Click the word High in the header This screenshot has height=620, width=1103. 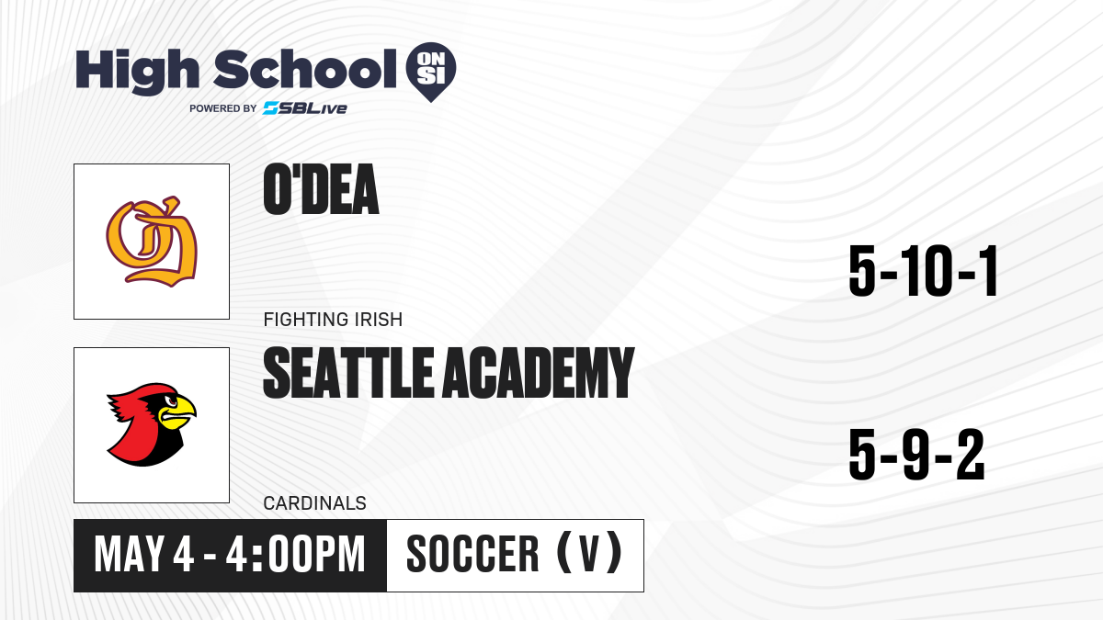point(137,72)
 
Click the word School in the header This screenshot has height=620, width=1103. point(305,69)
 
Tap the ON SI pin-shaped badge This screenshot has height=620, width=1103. point(431,72)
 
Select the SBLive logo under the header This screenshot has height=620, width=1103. point(305,108)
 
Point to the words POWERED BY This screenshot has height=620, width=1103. point(223,108)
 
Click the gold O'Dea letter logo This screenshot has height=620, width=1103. point(152,242)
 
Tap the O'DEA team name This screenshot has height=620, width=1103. point(321,189)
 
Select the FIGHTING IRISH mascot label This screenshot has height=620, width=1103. point(333,320)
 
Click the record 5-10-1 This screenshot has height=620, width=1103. point(923,271)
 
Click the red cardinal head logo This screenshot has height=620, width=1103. point(151,424)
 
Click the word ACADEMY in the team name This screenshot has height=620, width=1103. point(539,373)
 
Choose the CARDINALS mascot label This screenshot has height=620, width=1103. point(314,503)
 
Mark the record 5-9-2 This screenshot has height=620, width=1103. point(916,455)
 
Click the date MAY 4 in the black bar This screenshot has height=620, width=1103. point(143,555)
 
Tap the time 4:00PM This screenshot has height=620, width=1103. point(295,555)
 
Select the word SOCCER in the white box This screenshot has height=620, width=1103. point(472,555)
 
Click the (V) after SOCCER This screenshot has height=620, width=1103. point(589,554)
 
